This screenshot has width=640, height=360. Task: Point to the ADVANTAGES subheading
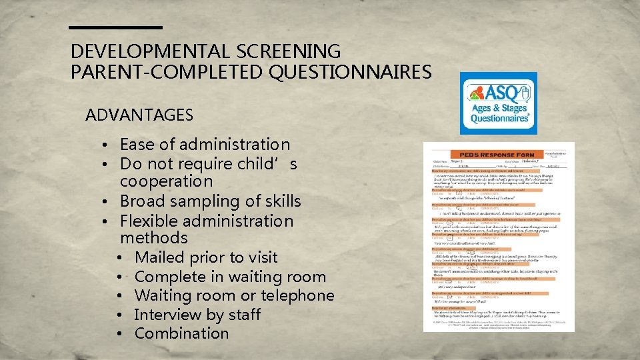click(139, 115)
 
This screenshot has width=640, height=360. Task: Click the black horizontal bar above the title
click(116, 27)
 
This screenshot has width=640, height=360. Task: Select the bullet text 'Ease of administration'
click(205, 144)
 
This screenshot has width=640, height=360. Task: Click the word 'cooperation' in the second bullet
click(166, 181)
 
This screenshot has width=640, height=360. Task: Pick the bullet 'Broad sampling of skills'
click(210, 201)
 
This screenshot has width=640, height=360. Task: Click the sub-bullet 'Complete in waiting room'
click(230, 277)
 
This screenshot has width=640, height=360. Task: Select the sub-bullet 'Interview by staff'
click(197, 315)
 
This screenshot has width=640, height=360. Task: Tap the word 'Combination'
click(181, 333)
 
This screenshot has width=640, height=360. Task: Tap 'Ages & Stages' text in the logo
click(499, 108)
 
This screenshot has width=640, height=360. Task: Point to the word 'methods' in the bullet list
click(153, 238)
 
